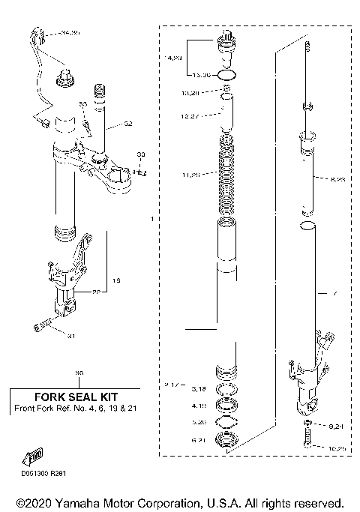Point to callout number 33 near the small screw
pyautogui.click(x=139, y=154)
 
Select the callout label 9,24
pyautogui.click(x=335, y=424)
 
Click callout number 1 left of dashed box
pyautogui.click(x=151, y=220)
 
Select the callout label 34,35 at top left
pyautogui.click(x=70, y=33)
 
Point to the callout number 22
pyautogui.click(x=96, y=292)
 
